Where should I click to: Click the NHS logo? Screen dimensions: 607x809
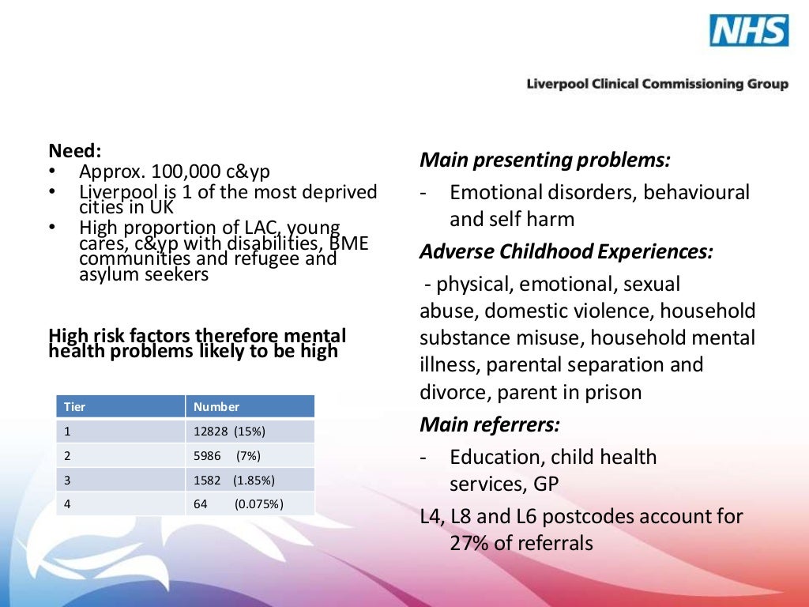click(x=748, y=31)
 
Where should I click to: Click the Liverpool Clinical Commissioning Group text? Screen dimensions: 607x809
click(x=657, y=84)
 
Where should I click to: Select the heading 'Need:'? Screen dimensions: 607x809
click(x=76, y=151)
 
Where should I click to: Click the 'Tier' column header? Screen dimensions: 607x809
click(x=75, y=407)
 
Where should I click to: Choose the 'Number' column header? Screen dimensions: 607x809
click(x=216, y=407)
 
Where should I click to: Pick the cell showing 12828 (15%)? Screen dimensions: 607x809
click(x=229, y=432)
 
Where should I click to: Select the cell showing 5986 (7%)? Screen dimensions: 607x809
click(x=227, y=456)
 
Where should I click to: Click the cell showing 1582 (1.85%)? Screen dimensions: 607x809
click(x=234, y=481)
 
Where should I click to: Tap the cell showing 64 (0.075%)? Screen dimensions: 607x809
click(x=238, y=504)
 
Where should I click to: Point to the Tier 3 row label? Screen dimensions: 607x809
click(x=68, y=481)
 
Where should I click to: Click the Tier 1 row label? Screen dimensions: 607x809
click(x=68, y=432)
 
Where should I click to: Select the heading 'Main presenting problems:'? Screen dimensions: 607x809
click(x=544, y=160)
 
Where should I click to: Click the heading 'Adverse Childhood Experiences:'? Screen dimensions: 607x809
click(x=566, y=251)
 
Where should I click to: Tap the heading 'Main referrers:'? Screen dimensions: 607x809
click(x=489, y=424)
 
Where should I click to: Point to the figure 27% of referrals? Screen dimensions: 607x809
click(x=521, y=544)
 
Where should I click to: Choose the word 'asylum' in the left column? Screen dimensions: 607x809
click(x=105, y=275)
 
